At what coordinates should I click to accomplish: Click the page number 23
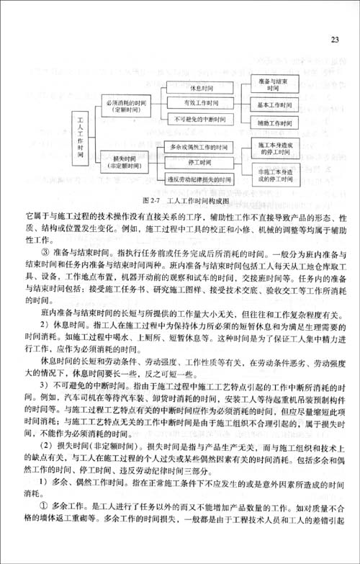[x=335, y=39]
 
